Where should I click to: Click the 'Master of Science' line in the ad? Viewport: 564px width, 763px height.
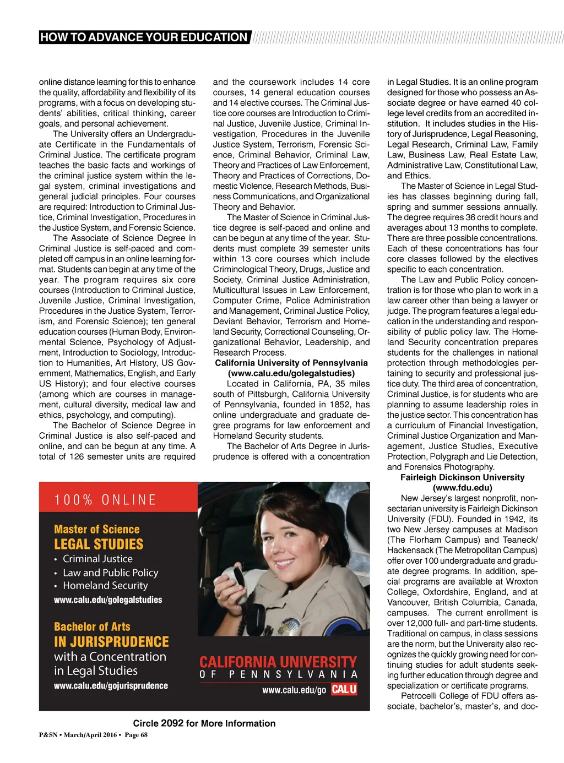click(96, 530)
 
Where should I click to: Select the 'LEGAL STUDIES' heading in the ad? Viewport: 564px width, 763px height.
click(99, 544)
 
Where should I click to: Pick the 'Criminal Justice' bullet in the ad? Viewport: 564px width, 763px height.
click(97, 559)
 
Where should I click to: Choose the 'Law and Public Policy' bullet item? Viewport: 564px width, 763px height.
click(110, 573)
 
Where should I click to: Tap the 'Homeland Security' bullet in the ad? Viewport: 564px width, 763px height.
click(105, 586)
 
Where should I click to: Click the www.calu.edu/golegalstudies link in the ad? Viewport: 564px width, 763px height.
click(108, 600)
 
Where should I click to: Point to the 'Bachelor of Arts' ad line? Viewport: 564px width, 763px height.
click(92, 627)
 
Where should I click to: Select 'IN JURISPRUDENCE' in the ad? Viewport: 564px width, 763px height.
click(111, 642)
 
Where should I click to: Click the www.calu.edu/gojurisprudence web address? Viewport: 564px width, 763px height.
click(111, 686)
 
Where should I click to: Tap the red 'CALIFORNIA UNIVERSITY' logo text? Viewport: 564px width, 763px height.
click(278, 662)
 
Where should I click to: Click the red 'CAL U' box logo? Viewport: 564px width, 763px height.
click(344, 689)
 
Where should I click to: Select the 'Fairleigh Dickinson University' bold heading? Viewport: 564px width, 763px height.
click(462, 477)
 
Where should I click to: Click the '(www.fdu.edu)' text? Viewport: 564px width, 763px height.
click(462, 488)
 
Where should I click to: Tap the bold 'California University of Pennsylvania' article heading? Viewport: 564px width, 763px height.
click(291, 363)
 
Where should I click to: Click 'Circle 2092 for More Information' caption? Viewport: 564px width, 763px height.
click(204, 723)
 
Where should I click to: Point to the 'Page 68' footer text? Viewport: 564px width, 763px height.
click(136, 735)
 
